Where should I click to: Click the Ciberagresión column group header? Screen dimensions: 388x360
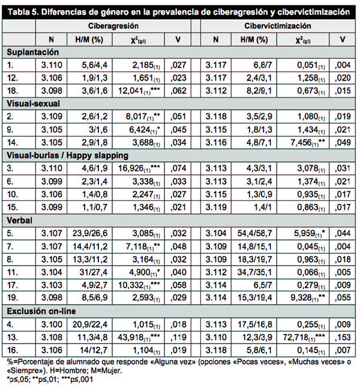(113, 26)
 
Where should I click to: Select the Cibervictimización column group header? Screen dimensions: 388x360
(278, 26)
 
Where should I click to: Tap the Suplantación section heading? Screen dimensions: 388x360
(32, 52)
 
